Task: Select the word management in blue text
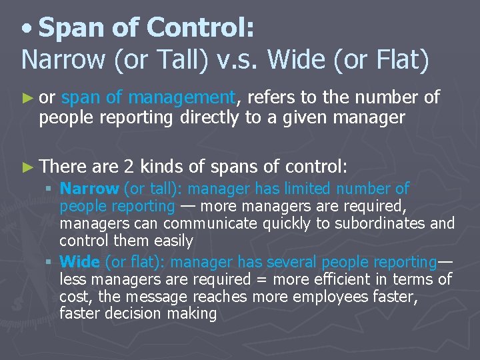coord(181,98)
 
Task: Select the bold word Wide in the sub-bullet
coord(79,262)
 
